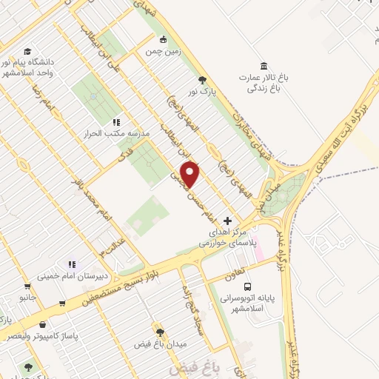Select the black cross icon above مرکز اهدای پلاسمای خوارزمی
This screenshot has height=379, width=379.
(227, 221)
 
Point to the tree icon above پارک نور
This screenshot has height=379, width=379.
(201, 80)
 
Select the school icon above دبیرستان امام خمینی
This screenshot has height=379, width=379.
(71, 264)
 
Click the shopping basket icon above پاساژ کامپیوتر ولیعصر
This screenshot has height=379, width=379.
(42, 324)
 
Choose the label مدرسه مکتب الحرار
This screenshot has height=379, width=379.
(118, 133)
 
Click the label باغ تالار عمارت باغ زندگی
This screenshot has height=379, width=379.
(263, 81)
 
